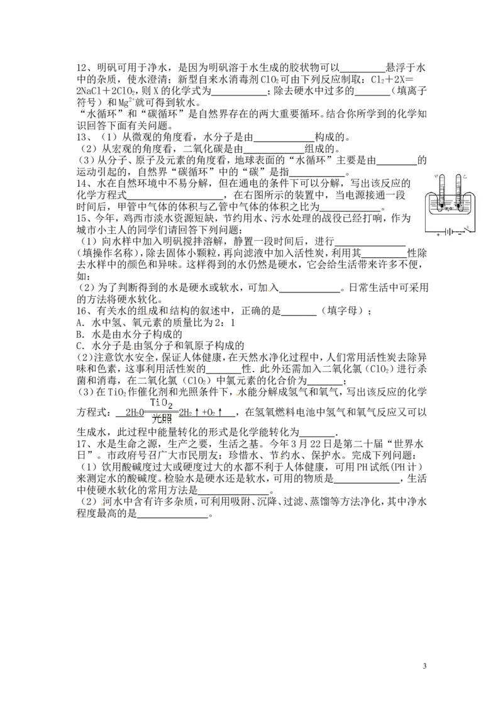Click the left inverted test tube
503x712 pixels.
[x=443, y=189]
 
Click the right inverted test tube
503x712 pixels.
[x=458, y=189]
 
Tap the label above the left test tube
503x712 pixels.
[x=437, y=177]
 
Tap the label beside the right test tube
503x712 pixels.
[x=465, y=177]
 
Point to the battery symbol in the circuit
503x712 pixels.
[x=449, y=231]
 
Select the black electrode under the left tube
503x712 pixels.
[x=441, y=205]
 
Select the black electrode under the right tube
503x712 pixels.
[x=458, y=205]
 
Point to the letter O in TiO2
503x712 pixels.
[x=165, y=403]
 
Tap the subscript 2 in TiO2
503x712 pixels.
[x=170, y=406]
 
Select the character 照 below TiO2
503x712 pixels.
[x=167, y=420]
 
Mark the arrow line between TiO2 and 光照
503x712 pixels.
[x=161, y=411]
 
